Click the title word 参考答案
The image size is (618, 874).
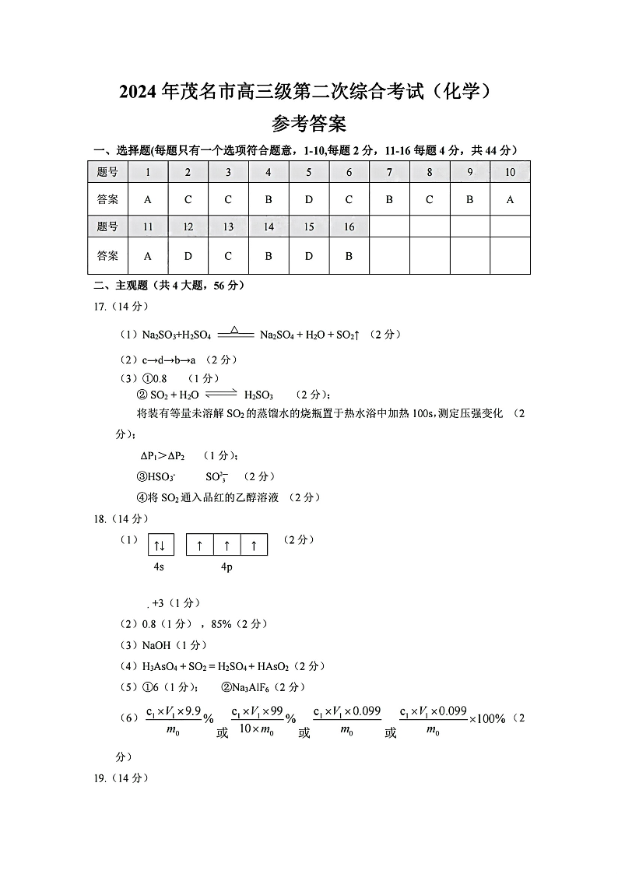(309, 124)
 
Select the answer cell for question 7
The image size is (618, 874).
(389, 199)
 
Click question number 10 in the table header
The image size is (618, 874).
(510, 172)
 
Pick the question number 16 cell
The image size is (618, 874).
(349, 227)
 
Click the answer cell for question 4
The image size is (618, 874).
(269, 199)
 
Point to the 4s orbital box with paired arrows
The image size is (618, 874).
(160, 545)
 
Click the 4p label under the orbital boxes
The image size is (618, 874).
(226, 567)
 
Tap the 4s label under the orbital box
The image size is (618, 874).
(159, 567)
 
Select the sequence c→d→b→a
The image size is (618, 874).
(169, 360)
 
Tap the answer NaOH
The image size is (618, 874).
(158, 645)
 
